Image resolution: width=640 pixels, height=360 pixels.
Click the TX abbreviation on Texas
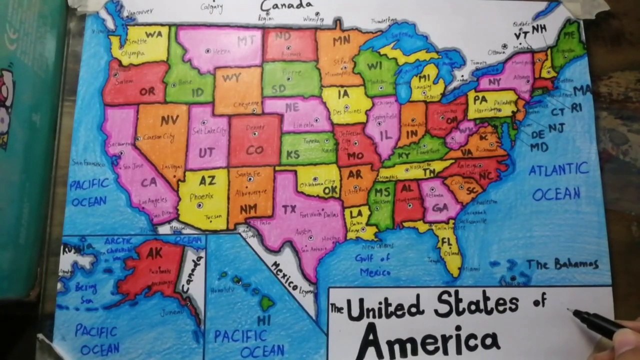(289, 209)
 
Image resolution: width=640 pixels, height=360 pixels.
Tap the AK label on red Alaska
(154, 253)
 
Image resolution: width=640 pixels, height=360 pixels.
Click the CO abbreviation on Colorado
(254, 150)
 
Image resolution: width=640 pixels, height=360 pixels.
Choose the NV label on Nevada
(169, 121)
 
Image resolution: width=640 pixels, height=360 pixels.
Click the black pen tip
(569, 310)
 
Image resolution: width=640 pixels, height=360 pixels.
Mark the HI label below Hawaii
(263, 320)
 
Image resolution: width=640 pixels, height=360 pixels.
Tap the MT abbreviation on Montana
(246, 41)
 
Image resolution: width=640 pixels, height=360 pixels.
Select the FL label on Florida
(446, 242)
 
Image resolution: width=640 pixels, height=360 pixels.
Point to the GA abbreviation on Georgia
(440, 207)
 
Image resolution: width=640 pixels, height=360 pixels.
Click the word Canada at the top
(286, 5)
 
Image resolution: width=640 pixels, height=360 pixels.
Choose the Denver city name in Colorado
(255, 127)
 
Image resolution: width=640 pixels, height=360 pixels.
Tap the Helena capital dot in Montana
(208, 51)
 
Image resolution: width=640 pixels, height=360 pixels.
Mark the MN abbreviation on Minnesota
(341, 41)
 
